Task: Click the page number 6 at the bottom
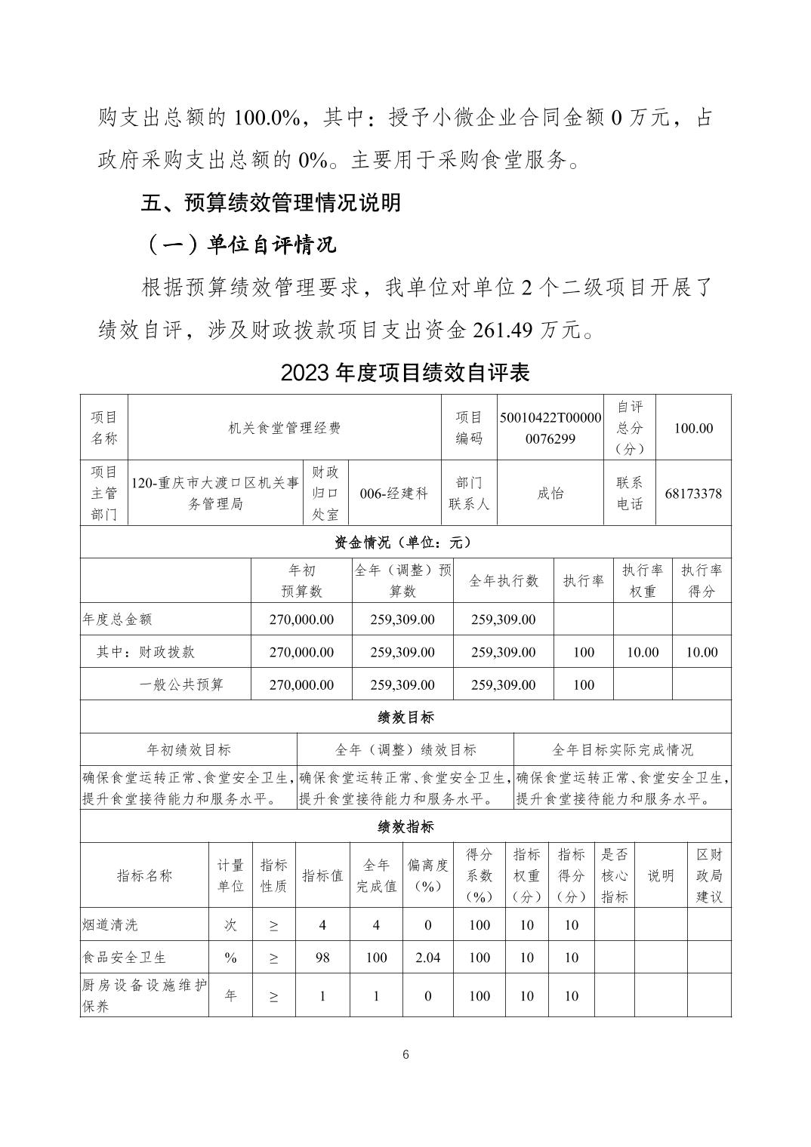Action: coord(405,1054)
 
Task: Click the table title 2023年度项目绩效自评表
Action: coord(405,373)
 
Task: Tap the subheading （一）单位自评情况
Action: coord(239,244)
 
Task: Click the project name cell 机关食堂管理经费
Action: coord(285,428)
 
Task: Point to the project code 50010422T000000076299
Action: coord(550,428)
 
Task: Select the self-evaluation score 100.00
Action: coord(693,428)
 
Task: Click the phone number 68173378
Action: coord(693,494)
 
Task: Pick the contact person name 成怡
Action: coord(550,494)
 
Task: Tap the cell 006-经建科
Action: coord(394,494)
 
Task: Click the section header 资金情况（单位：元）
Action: coord(405,542)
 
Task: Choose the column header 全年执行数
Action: coord(504,580)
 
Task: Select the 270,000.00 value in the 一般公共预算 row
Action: coord(301,684)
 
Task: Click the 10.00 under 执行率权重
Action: coord(643,652)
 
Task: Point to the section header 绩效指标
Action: coord(405,826)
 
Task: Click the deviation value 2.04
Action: coord(427,958)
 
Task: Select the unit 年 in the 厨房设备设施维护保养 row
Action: coord(230,996)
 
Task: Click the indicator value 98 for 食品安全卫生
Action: coord(322,958)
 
